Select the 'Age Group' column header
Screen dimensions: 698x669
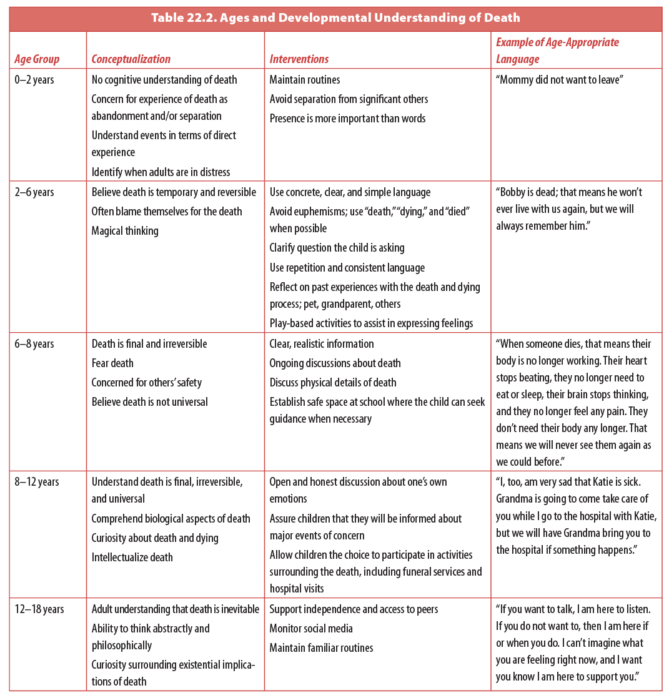pos(37,59)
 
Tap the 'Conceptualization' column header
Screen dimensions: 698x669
pos(131,59)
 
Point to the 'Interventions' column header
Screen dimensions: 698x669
pos(299,59)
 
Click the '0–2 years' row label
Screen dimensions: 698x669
pos(34,80)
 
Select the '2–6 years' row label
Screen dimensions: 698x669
pos(34,192)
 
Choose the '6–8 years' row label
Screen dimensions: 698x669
pos(34,344)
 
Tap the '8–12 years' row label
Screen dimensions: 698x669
pos(36,482)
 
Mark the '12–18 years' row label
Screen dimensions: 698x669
pos(39,609)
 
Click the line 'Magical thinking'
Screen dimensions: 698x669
pos(125,231)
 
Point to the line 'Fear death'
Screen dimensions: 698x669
pos(112,363)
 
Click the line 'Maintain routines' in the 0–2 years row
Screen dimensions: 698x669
pos(304,80)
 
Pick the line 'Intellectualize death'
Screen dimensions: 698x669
pos(132,557)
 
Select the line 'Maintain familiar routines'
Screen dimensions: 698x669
pos(321,648)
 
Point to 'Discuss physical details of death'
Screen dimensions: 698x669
pos(333,383)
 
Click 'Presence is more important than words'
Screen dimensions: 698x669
pos(347,119)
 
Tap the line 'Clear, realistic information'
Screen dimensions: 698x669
pos(322,344)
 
